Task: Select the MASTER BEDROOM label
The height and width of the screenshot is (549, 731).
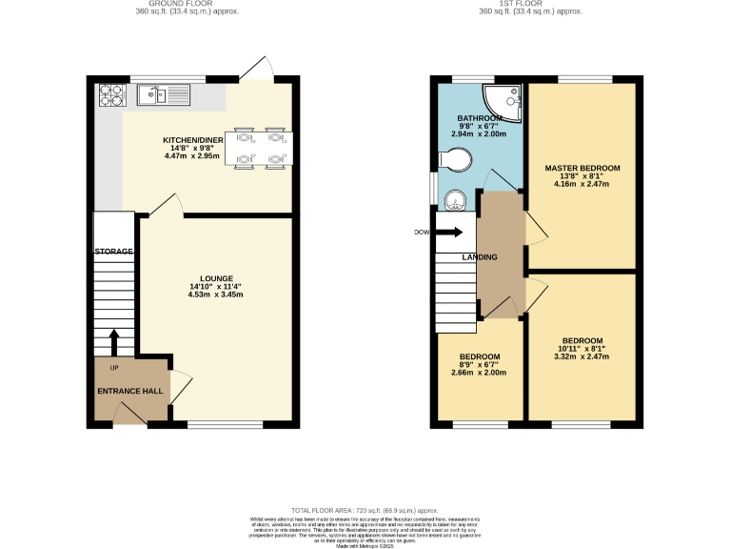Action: (x=582, y=168)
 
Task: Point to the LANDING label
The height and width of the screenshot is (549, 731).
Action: (x=481, y=257)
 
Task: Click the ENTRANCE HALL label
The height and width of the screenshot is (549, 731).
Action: (x=129, y=391)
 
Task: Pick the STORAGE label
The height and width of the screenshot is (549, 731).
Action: (x=113, y=251)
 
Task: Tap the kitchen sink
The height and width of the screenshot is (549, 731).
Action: (x=153, y=94)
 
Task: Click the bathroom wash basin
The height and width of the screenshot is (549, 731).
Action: (x=456, y=199)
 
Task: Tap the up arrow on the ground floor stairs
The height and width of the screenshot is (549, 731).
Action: (x=114, y=340)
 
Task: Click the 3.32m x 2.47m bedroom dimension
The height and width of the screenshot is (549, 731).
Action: (x=582, y=356)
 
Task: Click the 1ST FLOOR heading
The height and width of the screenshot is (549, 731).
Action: (x=532, y=4)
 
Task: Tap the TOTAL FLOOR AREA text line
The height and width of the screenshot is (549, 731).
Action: (x=365, y=511)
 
